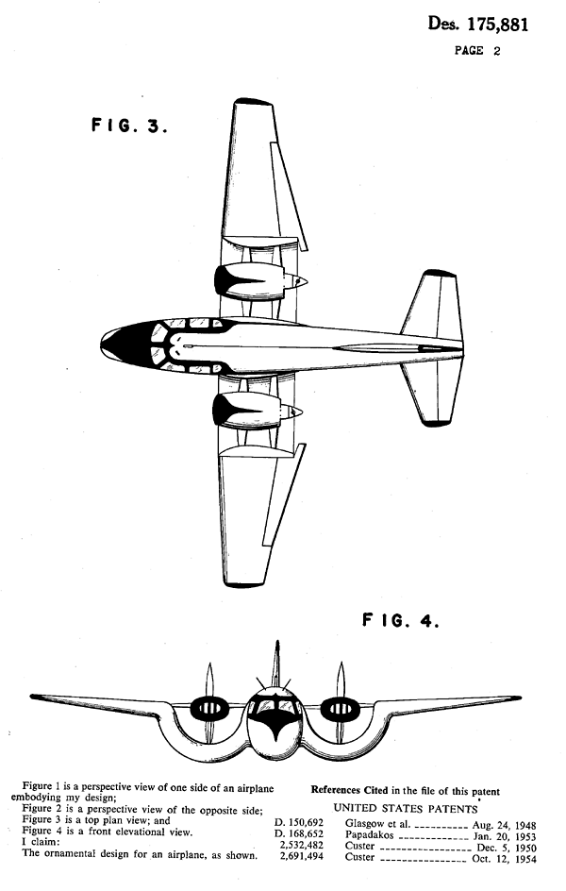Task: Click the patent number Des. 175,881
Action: point(477,24)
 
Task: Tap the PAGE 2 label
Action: point(477,51)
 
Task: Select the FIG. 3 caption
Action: point(129,125)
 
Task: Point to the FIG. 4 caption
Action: point(401,620)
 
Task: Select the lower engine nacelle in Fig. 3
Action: point(256,411)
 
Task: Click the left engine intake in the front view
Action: point(209,708)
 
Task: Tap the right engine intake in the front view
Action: point(340,708)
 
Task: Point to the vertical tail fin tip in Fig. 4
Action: point(276,644)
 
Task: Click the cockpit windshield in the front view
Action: point(275,706)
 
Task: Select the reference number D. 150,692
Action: point(299,823)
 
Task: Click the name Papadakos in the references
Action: point(369,835)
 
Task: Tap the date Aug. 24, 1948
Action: point(504,825)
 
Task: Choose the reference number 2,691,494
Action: point(302,856)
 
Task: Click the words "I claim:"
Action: point(41,842)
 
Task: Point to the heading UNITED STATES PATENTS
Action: point(406,808)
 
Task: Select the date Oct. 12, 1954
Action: point(504,859)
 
